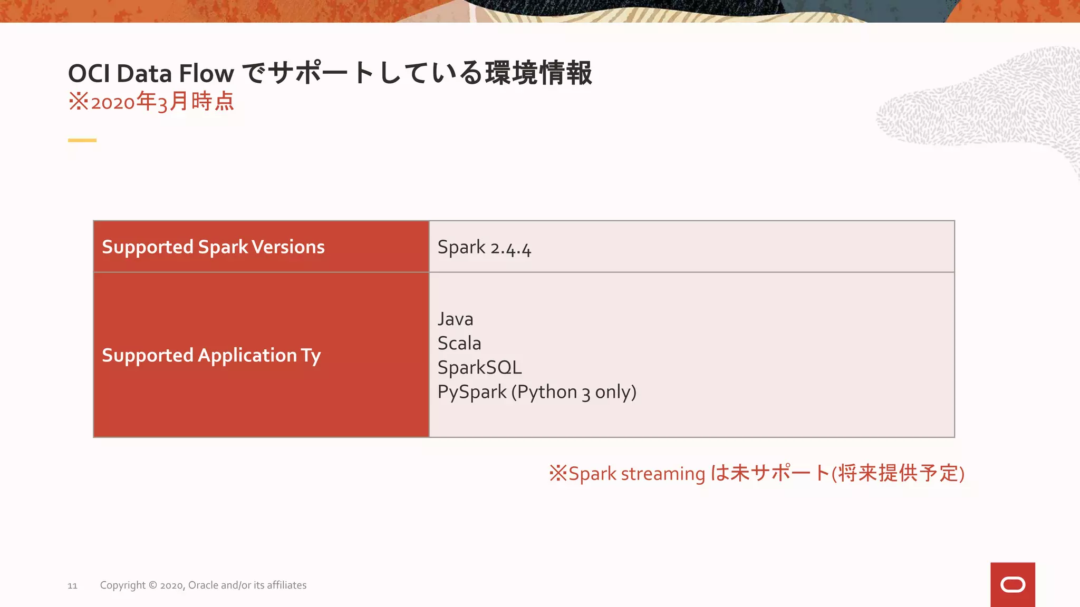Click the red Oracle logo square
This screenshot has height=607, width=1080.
click(1012, 584)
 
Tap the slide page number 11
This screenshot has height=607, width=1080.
click(72, 586)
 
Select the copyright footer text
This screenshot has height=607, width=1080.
click(203, 585)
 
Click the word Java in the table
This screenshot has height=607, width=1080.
click(455, 319)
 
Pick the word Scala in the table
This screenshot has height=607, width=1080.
click(459, 344)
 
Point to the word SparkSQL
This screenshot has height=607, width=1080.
click(479, 368)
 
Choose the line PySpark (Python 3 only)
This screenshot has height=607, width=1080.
click(537, 392)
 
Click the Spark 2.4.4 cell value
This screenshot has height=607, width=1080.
click(484, 248)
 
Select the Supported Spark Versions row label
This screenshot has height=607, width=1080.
click(213, 247)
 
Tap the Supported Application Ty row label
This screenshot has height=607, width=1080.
click(211, 356)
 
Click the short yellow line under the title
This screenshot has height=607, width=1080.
click(82, 140)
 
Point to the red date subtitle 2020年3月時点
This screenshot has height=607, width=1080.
click(151, 101)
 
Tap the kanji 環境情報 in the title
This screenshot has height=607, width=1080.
click(538, 73)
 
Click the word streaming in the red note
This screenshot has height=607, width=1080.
click(663, 474)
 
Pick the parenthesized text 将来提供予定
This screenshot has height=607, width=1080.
click(898, 473)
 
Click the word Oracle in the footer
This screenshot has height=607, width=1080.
click(203, 585)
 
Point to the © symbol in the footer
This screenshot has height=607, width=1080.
click(152, 585)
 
